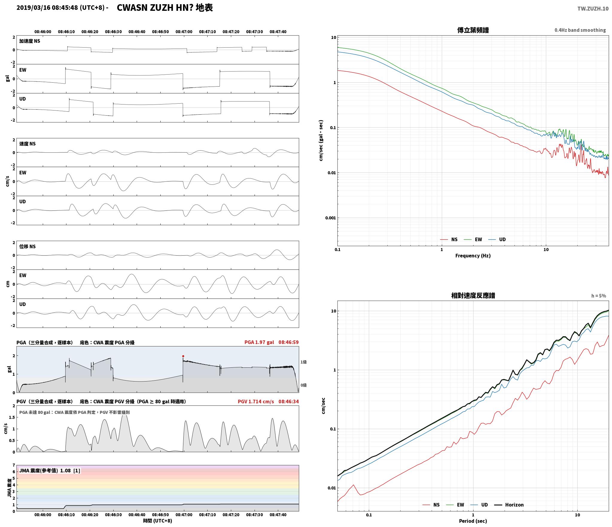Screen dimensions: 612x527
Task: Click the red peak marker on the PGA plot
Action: [183, 356]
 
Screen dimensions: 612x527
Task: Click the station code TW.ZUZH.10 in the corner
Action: [593, 9]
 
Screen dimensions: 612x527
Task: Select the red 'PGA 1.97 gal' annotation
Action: [259, 342]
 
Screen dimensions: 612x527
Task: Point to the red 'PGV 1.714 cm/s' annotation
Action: [256, 402]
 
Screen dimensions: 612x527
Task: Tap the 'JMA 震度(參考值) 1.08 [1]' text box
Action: [50, 471]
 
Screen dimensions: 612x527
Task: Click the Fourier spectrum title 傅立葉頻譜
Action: [473, 30]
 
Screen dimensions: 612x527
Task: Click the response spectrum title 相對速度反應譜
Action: [473, 296]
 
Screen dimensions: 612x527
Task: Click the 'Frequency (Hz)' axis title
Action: [473, 256]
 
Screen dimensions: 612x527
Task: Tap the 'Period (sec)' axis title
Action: [473, 521]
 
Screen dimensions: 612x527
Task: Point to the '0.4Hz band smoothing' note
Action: [580, 30]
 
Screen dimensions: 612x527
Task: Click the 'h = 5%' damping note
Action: [599, 296]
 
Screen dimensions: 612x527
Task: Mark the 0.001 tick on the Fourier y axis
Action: [331, 218]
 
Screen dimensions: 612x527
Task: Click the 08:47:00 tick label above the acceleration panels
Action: [184, 32]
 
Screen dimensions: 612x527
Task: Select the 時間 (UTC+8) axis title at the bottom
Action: [158, 521]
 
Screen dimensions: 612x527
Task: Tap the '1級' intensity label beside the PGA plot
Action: [304, 362]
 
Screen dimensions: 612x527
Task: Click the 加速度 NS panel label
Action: [30, 41]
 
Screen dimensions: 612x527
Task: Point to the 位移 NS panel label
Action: [28, 246]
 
